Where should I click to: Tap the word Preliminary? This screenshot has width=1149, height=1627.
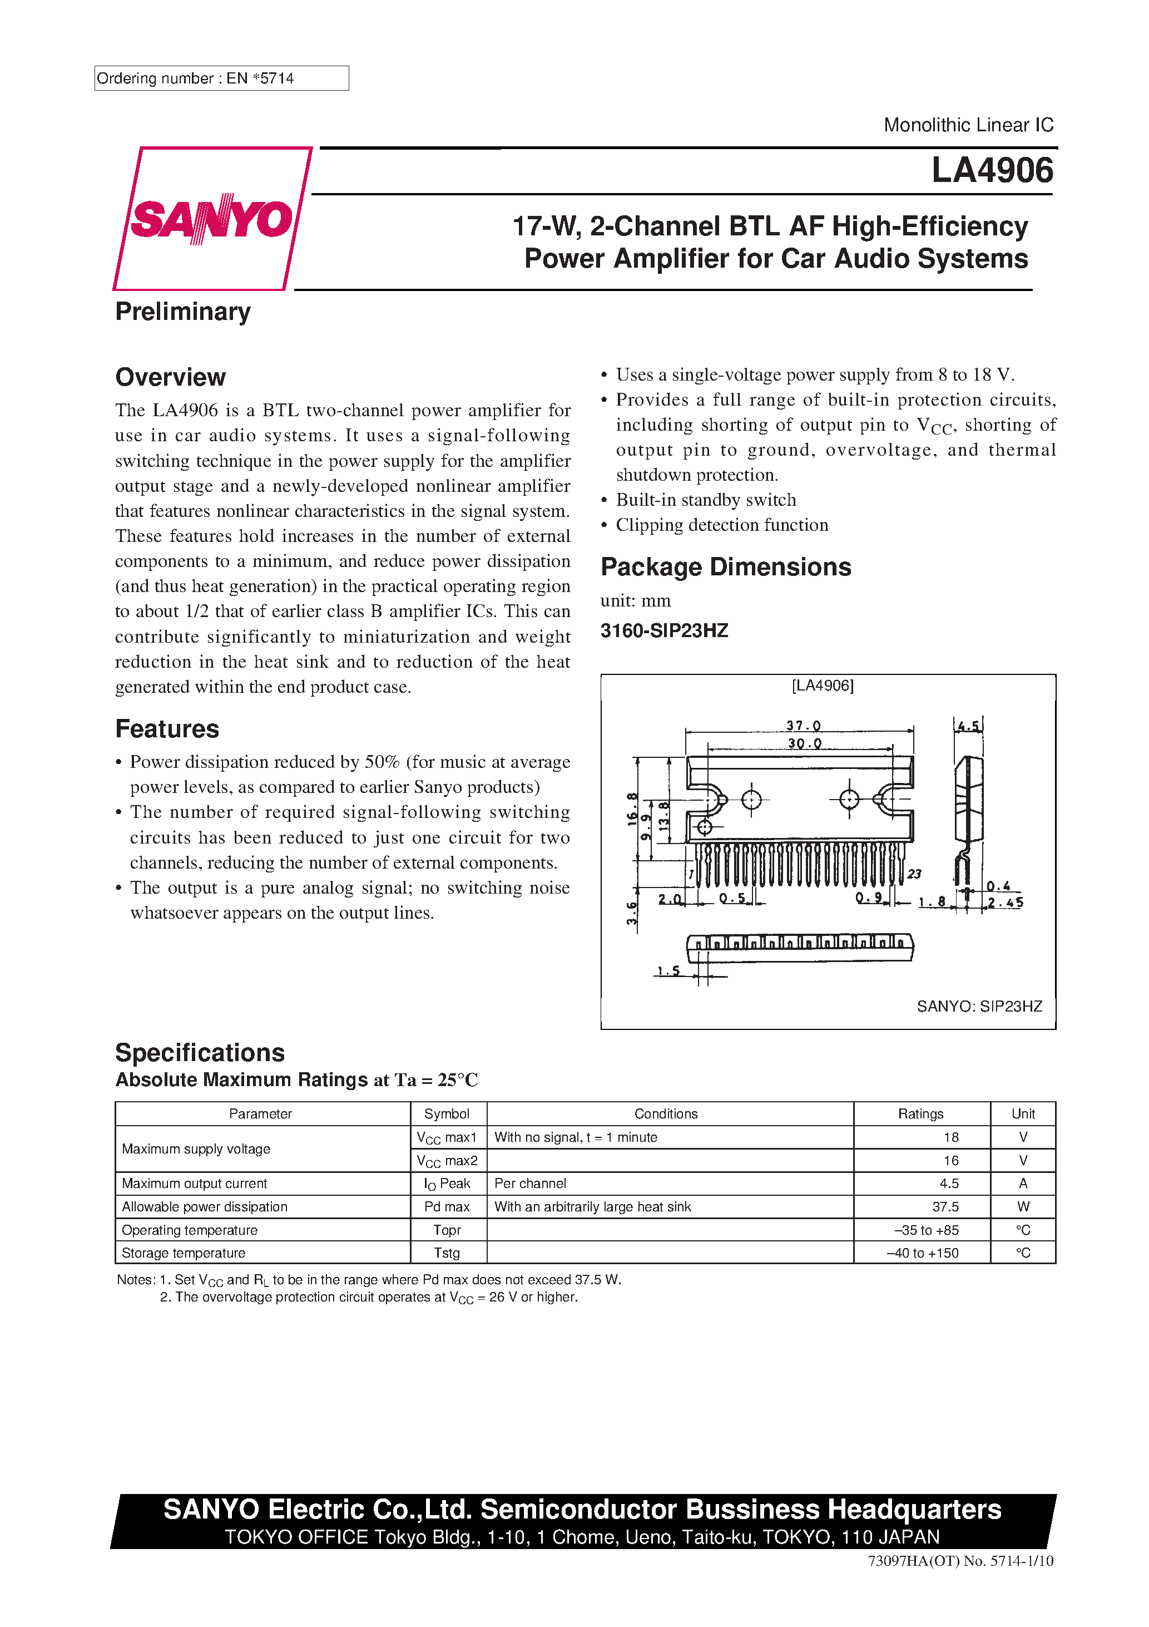[183, 312]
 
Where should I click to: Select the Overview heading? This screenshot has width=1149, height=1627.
[170, 377]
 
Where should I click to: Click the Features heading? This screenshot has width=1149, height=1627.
[167, 729]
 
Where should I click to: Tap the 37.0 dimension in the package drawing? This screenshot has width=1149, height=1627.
[803, 726]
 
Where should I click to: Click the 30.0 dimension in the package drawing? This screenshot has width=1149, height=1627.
[804, 743]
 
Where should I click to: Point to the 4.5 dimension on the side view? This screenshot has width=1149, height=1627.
[968, 726]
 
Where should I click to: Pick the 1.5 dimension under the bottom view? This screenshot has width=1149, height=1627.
[668, 971]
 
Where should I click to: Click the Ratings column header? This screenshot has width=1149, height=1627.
[920, 1114]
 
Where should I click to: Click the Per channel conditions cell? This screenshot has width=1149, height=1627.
[530, 1184]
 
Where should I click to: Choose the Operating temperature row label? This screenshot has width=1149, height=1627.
[189, 1230]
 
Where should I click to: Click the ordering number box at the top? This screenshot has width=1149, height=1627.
[221, 78]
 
